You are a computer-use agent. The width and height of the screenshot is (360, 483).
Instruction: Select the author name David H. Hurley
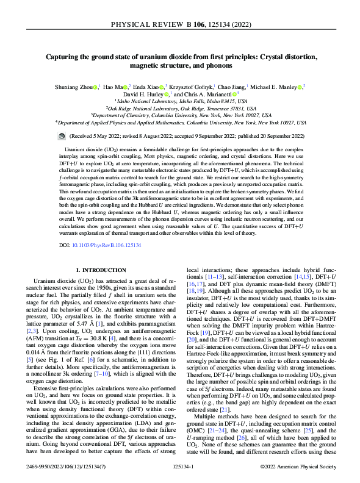(x=146, y=95)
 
